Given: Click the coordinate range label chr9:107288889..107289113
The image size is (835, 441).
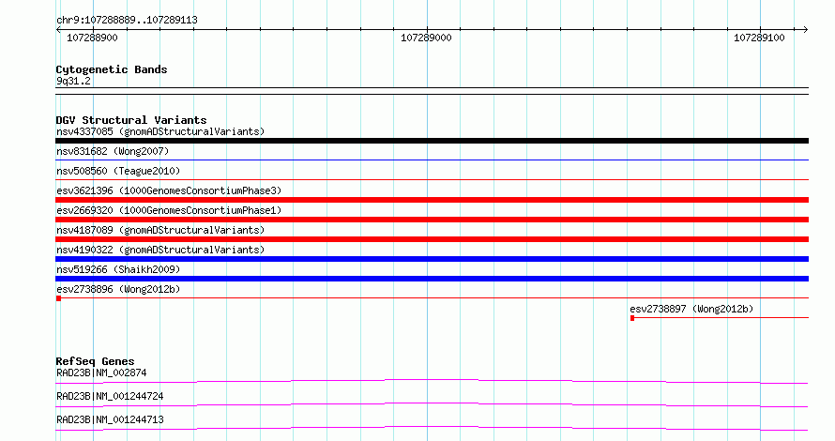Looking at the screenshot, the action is (x=127, y=21).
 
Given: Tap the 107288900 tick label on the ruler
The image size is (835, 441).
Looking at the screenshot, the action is (x=92, y=38).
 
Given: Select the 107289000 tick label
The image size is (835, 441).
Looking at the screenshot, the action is (x=426, y=38).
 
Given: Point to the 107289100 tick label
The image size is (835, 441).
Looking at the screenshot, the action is (x=759, y=38).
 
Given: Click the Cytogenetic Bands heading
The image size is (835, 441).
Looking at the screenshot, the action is (x=112, y=69).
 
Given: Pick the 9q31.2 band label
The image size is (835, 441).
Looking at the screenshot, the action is (x=73, y=81).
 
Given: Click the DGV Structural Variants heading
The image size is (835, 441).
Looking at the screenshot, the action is (x=131, y=120).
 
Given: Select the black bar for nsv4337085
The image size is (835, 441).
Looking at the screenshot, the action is (x=432, y=141).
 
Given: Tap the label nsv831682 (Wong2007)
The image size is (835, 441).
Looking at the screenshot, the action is (x=113, y=151).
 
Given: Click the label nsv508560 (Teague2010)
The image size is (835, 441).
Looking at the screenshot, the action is (x=118, y=171).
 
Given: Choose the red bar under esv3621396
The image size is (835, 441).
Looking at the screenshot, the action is (x=432, y=200).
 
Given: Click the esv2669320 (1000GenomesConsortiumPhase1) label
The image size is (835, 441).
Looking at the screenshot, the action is (x=169, y=210).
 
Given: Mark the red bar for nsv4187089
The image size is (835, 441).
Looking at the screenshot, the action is (x=432, y=239).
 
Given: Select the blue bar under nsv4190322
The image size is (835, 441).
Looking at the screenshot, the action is (x=432, y=259).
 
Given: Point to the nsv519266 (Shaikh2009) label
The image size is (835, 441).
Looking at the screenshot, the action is (x=118, y=269).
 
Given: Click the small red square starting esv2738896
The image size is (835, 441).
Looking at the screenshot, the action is (x=58, y=298).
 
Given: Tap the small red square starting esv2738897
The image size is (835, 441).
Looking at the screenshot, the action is (x=632, y=318).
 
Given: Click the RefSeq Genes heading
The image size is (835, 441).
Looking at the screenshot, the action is (x=95, y=361).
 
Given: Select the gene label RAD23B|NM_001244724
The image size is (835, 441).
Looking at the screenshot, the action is (x=110, y=396).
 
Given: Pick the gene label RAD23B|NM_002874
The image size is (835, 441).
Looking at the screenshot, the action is (x=101, y=373).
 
